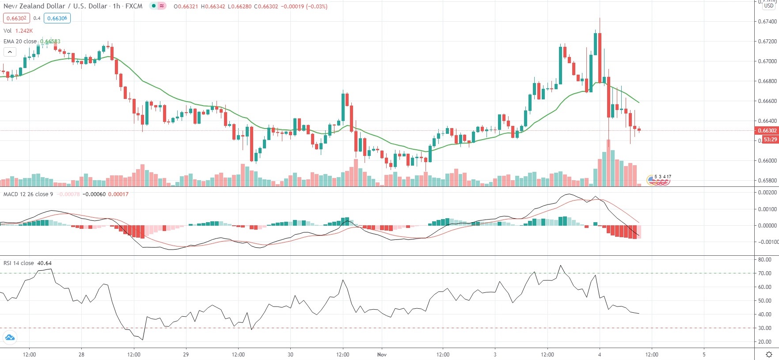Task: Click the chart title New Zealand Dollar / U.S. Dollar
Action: pos(55,6)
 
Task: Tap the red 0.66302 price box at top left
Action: pos(16,19)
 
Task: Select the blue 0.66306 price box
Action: pos(57,19)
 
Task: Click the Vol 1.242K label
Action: pos(18,31)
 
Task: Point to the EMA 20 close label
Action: pos(20,42)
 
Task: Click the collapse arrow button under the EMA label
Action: pos(10,52)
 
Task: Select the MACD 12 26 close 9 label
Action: pos(28,194)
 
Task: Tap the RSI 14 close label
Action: pos(19,263)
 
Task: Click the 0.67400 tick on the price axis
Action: pos(767,22)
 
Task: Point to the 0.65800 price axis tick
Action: pos(767,181)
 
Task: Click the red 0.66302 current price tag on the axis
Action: pos(767,131)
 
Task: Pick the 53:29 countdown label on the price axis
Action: pos(770,140)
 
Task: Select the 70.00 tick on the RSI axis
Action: pos(765,273)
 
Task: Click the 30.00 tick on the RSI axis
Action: pos(765,328)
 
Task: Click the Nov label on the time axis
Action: pos(382,355)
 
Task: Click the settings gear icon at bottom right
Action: pos(769,354)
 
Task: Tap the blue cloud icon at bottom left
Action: pos(9,338)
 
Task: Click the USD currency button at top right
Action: pos(769,6)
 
